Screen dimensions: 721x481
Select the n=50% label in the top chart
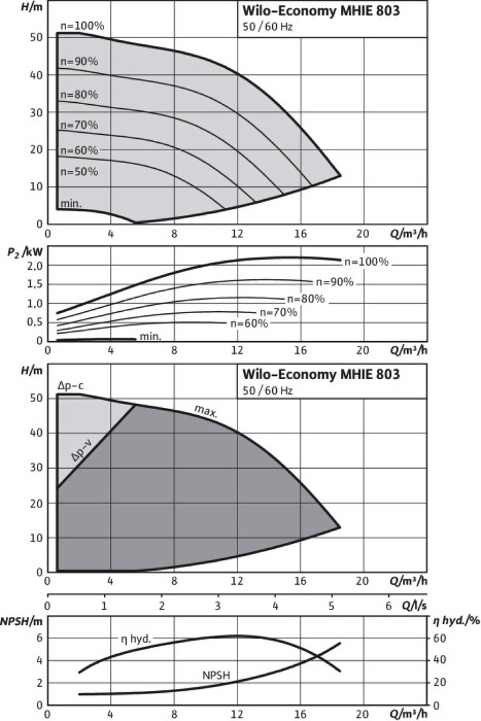click(x=79, y=172)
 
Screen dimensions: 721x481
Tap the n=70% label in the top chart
click(x=79, y=125)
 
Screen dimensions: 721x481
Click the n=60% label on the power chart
click(x=249, y=324)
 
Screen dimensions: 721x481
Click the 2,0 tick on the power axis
click(x=33, y=266)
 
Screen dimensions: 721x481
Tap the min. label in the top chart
click(x=71, y=202)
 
